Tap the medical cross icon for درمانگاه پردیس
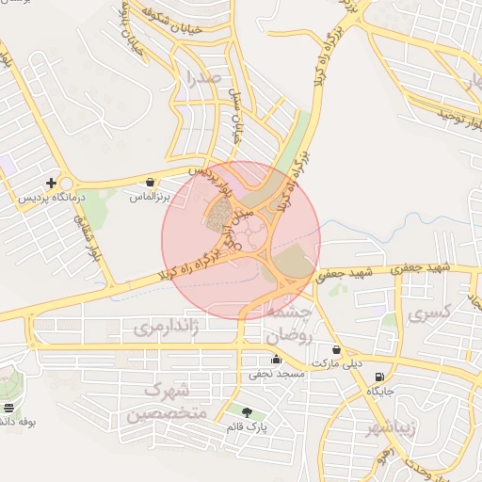[51, 182]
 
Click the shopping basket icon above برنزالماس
[151, 181]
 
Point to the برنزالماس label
[148, 198]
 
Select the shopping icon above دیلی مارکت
[336, 349]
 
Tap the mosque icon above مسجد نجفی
[276, 359]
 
